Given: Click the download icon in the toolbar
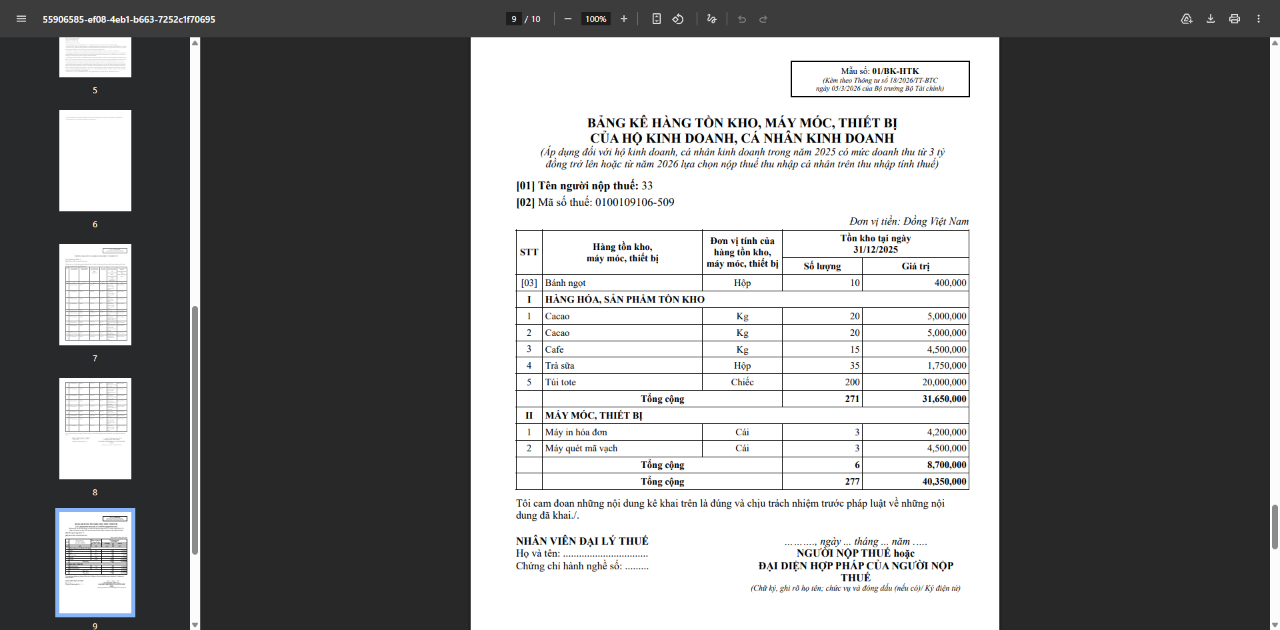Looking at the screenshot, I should pyautogui.click(x=1211, y=19).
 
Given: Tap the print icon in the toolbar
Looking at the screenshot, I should pyautogui.click(x=1235, y=19).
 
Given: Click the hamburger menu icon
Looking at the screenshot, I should pyautogui.click(x=21, y=19).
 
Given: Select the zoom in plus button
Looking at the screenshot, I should pyautogui.click(x=624, y=19).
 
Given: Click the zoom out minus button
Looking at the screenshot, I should pyautogui.click(x=568, y=19).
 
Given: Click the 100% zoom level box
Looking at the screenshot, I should pyautogui.click(x=595, y=19).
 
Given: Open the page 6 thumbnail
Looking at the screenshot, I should pyautogui.click(x=95, y=161).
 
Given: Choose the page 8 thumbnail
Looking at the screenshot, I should pyautogui.click(x=95, y=429).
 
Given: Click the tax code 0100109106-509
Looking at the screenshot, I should pyautogui.click(x=634, y=202).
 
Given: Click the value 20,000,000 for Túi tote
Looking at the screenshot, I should pyautogui.click(x=944, y=382).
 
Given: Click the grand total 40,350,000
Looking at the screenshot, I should pyautogui.click(x=944, y=481).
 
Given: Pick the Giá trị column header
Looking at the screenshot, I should pyautogui.click(x=915, y=266).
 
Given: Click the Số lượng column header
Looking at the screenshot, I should pyautogui.click(x=822, y=266).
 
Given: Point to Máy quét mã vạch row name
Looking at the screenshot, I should pyautogui.click(x=581, y=448).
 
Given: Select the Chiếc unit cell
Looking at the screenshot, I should pyautogui.click(x=742, y=382).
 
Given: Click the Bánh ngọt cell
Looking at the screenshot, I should pyautogui.click(x=565, y=283).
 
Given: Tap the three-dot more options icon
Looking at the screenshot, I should pyautogui.click(x=1259, y=19).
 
